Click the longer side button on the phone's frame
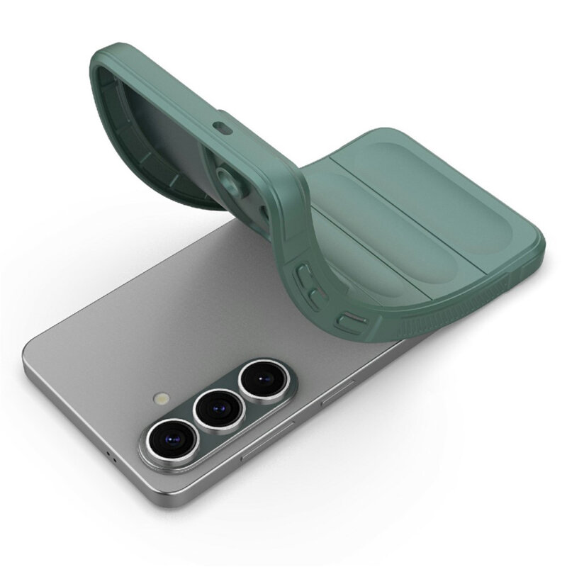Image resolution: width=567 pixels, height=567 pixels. click(x=268, y=443)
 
